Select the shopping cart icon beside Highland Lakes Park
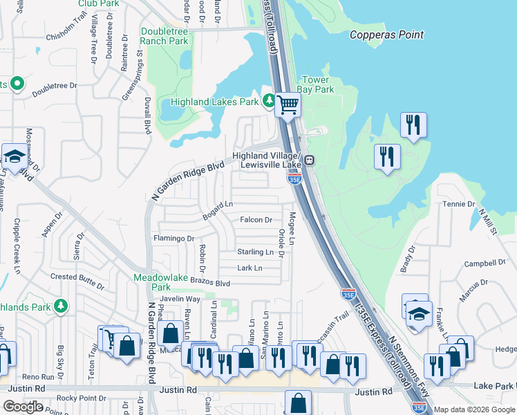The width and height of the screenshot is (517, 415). (x=288, y=105)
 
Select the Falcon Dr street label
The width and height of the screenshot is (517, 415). (x=256, y=220)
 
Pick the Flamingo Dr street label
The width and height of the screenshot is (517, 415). (x=173, y=239)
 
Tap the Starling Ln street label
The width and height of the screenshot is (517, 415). (x=255, y=252)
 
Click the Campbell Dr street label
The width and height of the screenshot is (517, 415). (x=485, y=264)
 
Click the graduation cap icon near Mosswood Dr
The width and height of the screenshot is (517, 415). (x=14, y=157)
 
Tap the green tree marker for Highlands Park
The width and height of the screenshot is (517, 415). (x=61, y=305)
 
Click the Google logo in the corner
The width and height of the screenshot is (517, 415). (x=23, y=406)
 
